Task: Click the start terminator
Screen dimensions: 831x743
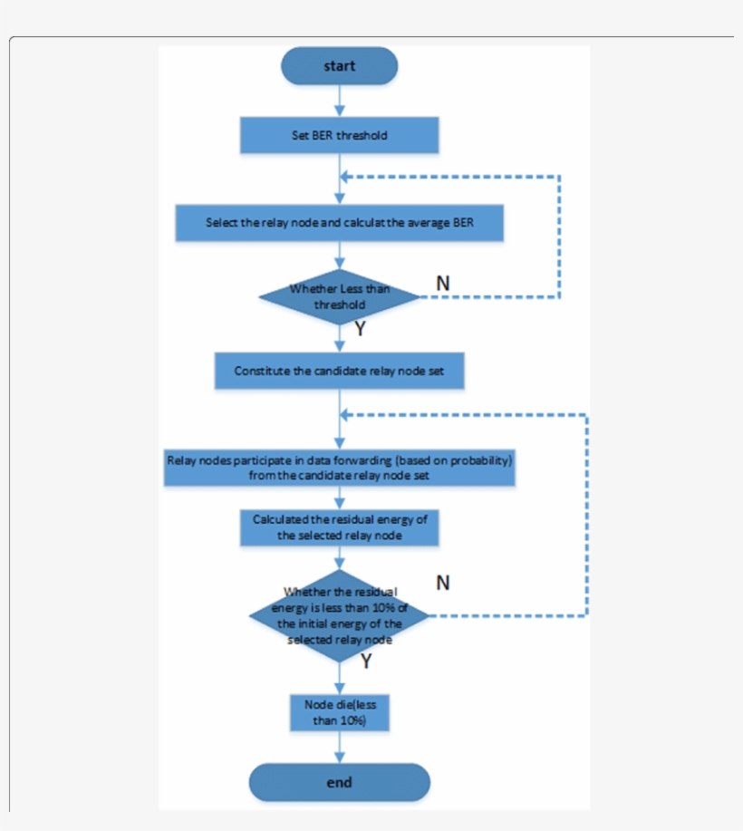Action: (x=339, y=66)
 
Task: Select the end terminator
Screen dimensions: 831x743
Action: (x=339, y=782)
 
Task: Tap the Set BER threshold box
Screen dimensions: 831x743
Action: (x=339, y=136)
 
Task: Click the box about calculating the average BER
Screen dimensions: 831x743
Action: (x=339, y=223)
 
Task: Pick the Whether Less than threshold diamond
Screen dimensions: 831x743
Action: (x=339, y=296)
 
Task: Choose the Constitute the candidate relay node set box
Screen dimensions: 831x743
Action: (x=339, y=371)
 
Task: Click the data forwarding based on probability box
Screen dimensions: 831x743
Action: (x=339, y=467)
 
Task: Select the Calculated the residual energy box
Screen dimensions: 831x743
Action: (x=339, y=527)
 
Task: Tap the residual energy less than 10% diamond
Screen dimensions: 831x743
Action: (x=339, y=614)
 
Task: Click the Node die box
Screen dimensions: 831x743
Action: (x=339, y=713)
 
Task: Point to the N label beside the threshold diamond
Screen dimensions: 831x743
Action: (x=442, y=283)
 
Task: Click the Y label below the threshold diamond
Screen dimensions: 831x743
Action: (x=360, y=330)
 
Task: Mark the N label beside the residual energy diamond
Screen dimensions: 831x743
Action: (x=442, y=583)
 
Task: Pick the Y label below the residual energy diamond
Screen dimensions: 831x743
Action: (x=365, y=662)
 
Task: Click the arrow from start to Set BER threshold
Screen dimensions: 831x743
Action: (x=340, y=101)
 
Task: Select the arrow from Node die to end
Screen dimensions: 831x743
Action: (x=340, y=747)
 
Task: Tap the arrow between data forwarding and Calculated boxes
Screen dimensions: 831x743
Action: (x=340, y=498)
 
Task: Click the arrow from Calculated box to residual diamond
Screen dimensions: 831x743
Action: (x=340, y=558)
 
